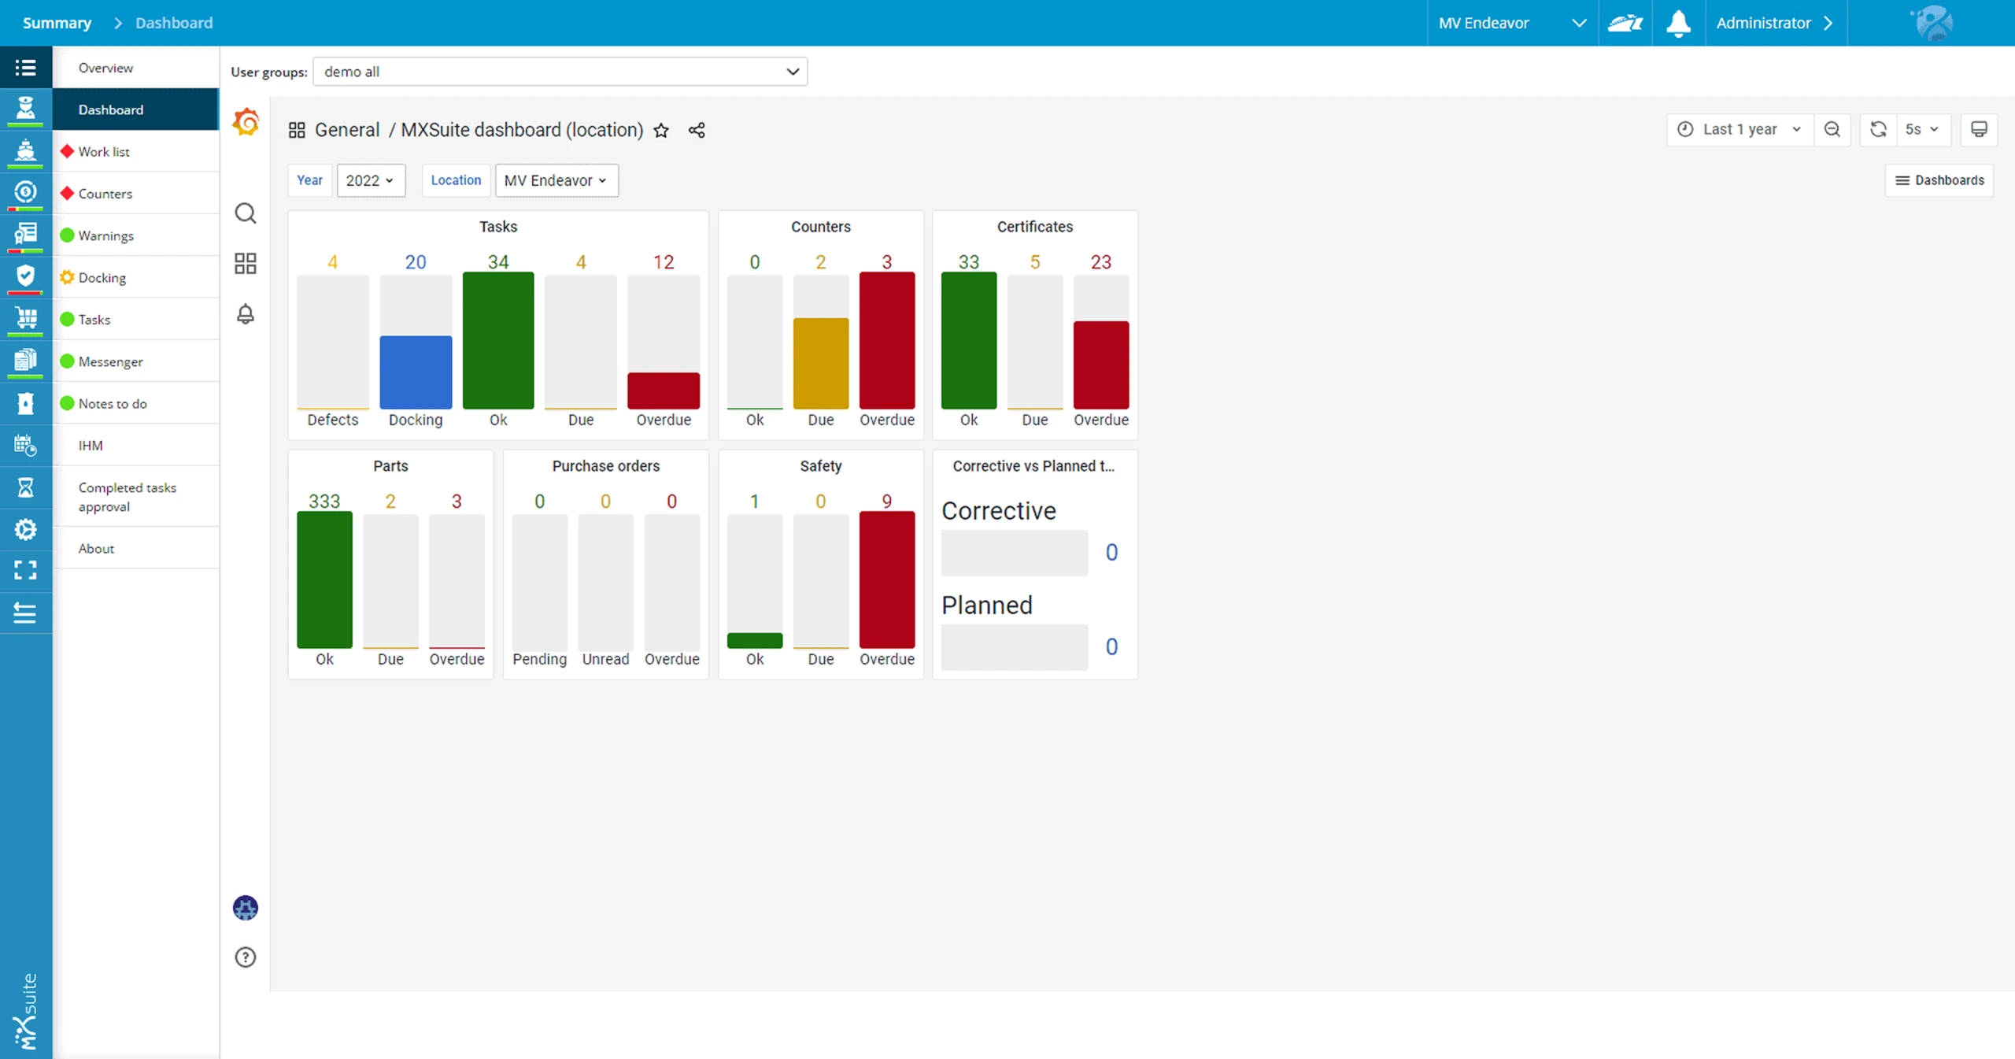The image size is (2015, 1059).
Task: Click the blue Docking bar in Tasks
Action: click(x=416, y=372)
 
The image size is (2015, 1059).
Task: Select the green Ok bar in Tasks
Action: click(x=498, y=340)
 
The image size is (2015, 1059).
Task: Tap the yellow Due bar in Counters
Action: click(x=820, y=363)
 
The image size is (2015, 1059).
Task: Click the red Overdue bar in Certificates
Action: click(x=1100, y=365)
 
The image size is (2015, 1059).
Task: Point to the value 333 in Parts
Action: click(x=324, y=502)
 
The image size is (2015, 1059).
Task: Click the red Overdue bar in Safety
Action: click(x=886, y=580)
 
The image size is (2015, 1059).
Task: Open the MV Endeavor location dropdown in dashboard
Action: click(x=556, y=180)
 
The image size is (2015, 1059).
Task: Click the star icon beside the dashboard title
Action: click(x=661, y=131)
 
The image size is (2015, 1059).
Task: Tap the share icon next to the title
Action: click(x=697, y=131)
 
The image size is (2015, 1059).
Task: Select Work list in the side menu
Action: click(x=104, y=152)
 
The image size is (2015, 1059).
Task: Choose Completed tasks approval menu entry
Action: click(x=127, y=497)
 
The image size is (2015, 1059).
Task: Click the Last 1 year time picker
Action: click(x=1740, y=129)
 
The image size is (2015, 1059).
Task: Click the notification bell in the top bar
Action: click(x=1678, y=23)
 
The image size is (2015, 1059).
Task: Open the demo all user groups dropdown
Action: click(x=560, y=72)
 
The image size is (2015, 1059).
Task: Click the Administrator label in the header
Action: click(x=1763, y=23)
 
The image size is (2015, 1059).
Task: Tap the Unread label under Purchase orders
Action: click(x=605, y=659)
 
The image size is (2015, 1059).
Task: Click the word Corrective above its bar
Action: click(x=998, y=511)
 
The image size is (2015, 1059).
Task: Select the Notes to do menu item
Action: click(x=113, y=404)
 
